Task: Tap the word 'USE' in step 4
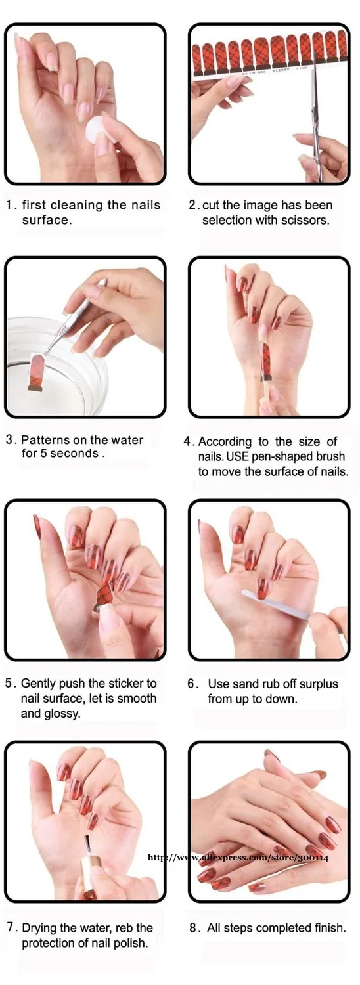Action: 238,456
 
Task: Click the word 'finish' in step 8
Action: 330,927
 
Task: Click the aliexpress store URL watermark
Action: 238,857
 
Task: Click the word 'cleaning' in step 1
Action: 77,205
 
